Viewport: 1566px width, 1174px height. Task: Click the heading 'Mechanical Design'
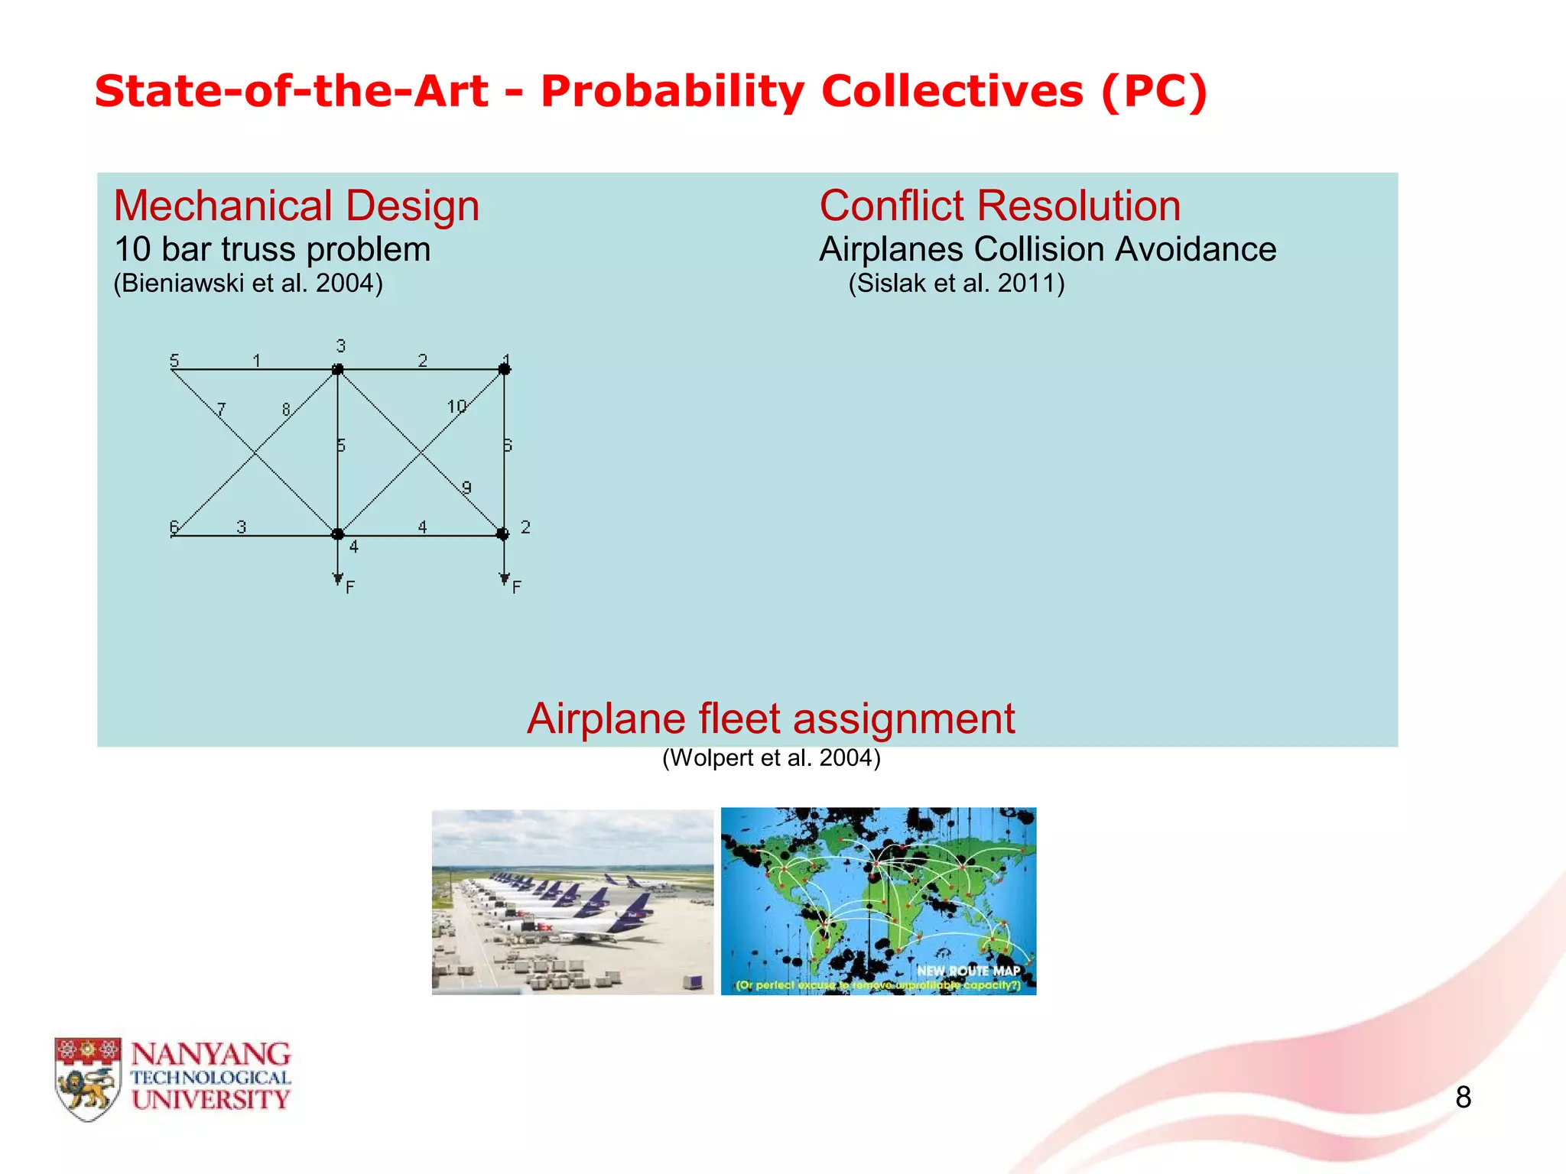[296, 206]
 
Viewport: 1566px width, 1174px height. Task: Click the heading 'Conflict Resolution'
[999, 206]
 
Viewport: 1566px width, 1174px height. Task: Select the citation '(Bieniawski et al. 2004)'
[248, 284]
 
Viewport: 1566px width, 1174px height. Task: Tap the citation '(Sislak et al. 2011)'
[956, 284]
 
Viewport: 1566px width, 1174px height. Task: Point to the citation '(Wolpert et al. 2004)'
[771, 758]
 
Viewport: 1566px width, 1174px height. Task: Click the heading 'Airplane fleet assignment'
[771, 719]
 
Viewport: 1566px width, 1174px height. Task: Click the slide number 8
[1463, 1098]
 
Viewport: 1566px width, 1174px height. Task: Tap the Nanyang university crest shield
[88, 1078]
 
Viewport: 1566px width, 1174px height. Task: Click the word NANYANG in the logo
[211, 1055]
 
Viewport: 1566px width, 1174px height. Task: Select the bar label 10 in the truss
[456, 407]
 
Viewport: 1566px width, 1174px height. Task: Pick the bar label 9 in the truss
[466, 488]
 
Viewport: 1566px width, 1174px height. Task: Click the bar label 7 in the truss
[221, 410]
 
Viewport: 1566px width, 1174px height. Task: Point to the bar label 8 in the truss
[286, 410]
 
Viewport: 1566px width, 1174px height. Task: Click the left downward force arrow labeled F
[338, 566]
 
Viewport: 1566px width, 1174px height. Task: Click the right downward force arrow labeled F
[504, 566]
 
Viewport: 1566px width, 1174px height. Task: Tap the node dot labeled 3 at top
[337, 370]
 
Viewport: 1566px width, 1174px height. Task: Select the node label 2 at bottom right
[525, 527]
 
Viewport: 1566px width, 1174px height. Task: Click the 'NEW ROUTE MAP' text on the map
[968, 971]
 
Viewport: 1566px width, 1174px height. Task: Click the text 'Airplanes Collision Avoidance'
[1048, 250]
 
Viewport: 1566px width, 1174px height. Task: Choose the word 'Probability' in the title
[672, 92]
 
